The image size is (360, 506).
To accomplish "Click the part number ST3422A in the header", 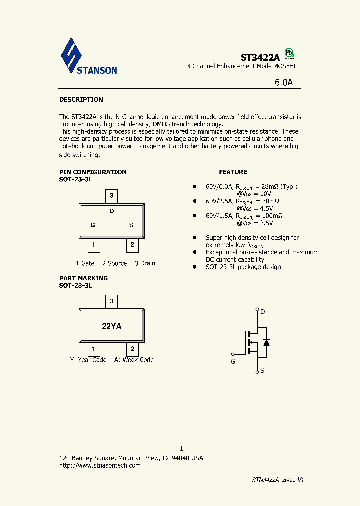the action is point(260,57).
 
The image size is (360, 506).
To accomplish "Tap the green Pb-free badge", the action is point(289,53).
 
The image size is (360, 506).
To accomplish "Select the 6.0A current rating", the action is point(283,83).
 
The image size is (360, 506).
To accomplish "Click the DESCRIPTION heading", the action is point(81,100).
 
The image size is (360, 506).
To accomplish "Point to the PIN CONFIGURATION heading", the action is point(93,172).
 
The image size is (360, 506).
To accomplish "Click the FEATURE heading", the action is point(233,172).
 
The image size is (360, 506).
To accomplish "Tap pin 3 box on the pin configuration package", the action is point(112,196).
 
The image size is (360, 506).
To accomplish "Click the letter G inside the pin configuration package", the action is point(93,225).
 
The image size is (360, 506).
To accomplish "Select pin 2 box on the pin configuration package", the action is point(132,245).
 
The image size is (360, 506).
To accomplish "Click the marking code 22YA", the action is point(112,326).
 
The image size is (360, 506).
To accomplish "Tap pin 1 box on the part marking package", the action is point(93,349).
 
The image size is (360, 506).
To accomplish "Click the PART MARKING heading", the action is point(83,278).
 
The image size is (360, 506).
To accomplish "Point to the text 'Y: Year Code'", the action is point(88,360).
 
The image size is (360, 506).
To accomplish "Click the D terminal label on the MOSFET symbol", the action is point(263,312).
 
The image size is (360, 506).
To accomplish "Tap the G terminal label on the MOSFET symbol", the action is point(233,361).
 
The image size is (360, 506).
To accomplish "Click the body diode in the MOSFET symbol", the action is point(266,342).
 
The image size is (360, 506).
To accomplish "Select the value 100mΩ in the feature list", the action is point(273,215).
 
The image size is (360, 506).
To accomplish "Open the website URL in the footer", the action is point(100,465).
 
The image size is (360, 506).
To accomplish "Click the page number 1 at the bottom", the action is point(181,449).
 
